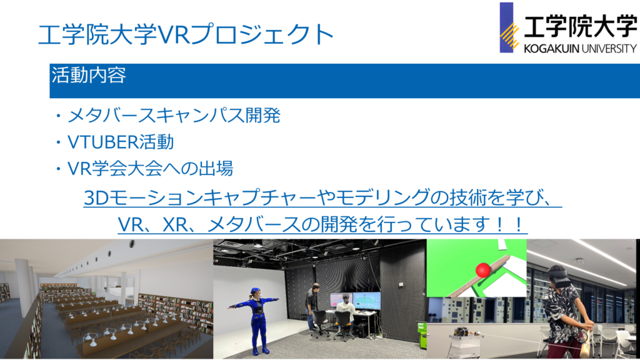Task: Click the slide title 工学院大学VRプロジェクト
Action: (x=186, y=34)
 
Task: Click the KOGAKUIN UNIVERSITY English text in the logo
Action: (x=581, y=49)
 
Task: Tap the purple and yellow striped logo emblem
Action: (x=509, y=27)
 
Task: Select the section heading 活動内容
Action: (x=89, y=75)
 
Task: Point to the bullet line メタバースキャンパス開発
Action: (x=174, y=116)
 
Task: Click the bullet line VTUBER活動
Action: (x=121, y=142)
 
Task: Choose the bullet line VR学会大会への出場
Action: (x=150, y=168)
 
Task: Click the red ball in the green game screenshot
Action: (x=483, y=270)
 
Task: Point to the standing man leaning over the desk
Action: (x=312, y=306)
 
